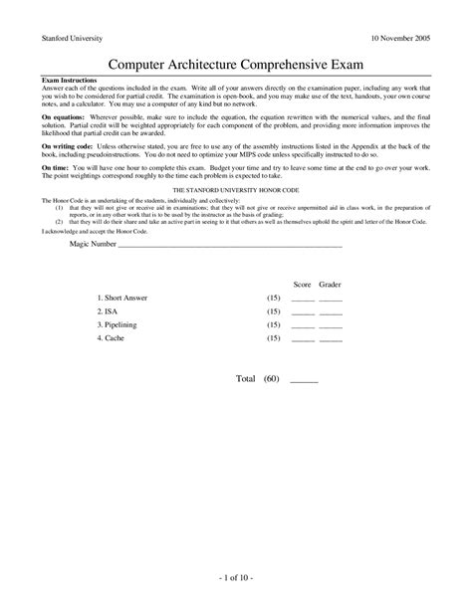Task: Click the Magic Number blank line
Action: coord(230,244)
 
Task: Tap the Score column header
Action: coord(302,284)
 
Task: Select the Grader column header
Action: coord(331,284)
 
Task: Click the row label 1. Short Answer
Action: coord(122,299)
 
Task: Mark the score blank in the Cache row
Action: coord(303,339)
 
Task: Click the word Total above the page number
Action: coord(246,379)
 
